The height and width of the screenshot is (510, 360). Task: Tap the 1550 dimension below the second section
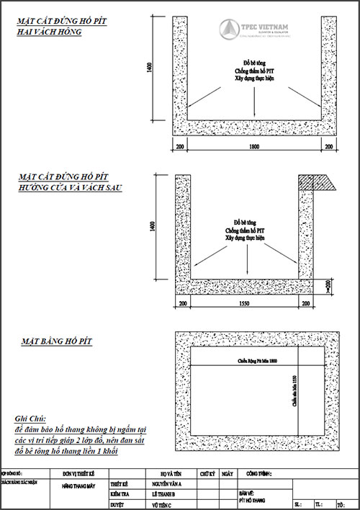pyautogui.click(x=246, y=305)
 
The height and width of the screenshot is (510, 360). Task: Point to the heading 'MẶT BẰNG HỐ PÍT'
pyautogui.click(x=56, y=339)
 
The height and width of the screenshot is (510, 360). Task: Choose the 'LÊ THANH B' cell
pyautogui.click(x=166, y=496)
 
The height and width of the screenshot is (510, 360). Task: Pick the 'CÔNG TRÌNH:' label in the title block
pyautogui.click(x=260, y=475)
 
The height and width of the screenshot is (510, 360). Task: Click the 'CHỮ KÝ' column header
pyautogui.click(x=207, y=475)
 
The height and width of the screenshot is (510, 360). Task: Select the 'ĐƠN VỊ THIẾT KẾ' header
pyautogui.click(x=79, y=475)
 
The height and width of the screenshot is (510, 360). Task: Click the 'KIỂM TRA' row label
pyautogui.click(x=120, y=496)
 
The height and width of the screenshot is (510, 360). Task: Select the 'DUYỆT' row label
pyautogui.click(x=117, y=506)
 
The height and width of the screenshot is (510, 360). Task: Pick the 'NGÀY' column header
pyautogui.click(x=228, y=475)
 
